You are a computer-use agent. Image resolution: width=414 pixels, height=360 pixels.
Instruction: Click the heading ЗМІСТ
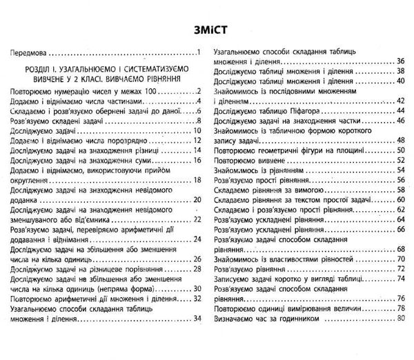(207, 31)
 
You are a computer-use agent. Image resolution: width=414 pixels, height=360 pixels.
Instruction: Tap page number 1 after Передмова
(197, 53)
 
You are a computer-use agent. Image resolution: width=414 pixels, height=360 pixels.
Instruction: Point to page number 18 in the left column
(196, 181)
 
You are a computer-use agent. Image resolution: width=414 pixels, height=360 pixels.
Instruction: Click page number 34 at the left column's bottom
(196, 318)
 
